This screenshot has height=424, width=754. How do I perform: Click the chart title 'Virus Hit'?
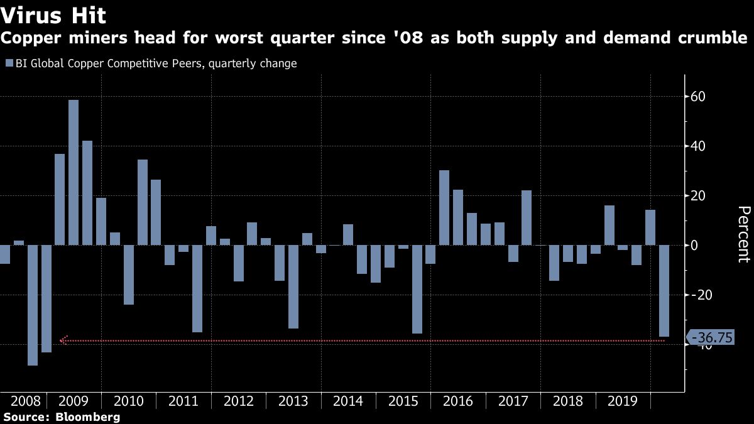point(53,14)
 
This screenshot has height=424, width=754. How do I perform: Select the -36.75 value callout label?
point(712,338)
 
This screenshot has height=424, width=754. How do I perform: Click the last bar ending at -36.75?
point(664,291)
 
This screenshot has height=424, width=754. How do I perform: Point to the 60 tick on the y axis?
point(699,97)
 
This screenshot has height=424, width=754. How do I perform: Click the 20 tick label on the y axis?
point(699,196)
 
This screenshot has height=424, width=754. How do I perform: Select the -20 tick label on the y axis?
point(701,295)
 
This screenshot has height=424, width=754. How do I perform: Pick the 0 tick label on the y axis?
point(696,246)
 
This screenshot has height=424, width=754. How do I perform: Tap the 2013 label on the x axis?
point(293,401)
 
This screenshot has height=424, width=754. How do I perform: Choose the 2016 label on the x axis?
point(457,401)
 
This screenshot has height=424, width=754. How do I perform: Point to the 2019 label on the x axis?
point(622,401)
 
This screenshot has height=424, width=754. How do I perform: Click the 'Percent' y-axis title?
point(743,234)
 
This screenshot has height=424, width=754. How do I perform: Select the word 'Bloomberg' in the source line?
point(88,417)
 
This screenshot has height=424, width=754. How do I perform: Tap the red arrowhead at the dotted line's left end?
point(62,340)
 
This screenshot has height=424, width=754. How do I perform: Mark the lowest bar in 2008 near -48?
point(32,305)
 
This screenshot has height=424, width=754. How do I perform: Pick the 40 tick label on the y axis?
point(699,146)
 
